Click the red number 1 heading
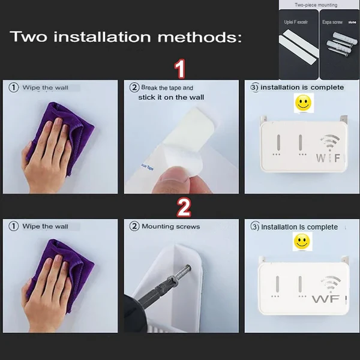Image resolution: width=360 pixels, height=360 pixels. click(179, 70)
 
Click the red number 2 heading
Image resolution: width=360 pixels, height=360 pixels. click(183, 208)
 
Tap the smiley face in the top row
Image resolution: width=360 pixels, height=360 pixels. click(304, 103)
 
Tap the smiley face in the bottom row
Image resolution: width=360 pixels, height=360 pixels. click(302, 242)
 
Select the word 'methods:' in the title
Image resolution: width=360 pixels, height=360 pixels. click(202, 38)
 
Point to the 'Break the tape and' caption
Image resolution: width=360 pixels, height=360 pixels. click(167, 88)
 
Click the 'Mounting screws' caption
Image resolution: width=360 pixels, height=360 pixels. click(170, 227)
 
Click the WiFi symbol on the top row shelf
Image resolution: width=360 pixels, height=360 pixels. click(329, 145)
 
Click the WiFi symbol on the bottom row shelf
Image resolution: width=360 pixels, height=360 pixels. click(329, 284)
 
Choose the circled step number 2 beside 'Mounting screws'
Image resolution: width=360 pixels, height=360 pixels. click(134, 227)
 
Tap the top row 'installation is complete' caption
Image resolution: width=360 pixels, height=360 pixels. click(302, 88)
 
